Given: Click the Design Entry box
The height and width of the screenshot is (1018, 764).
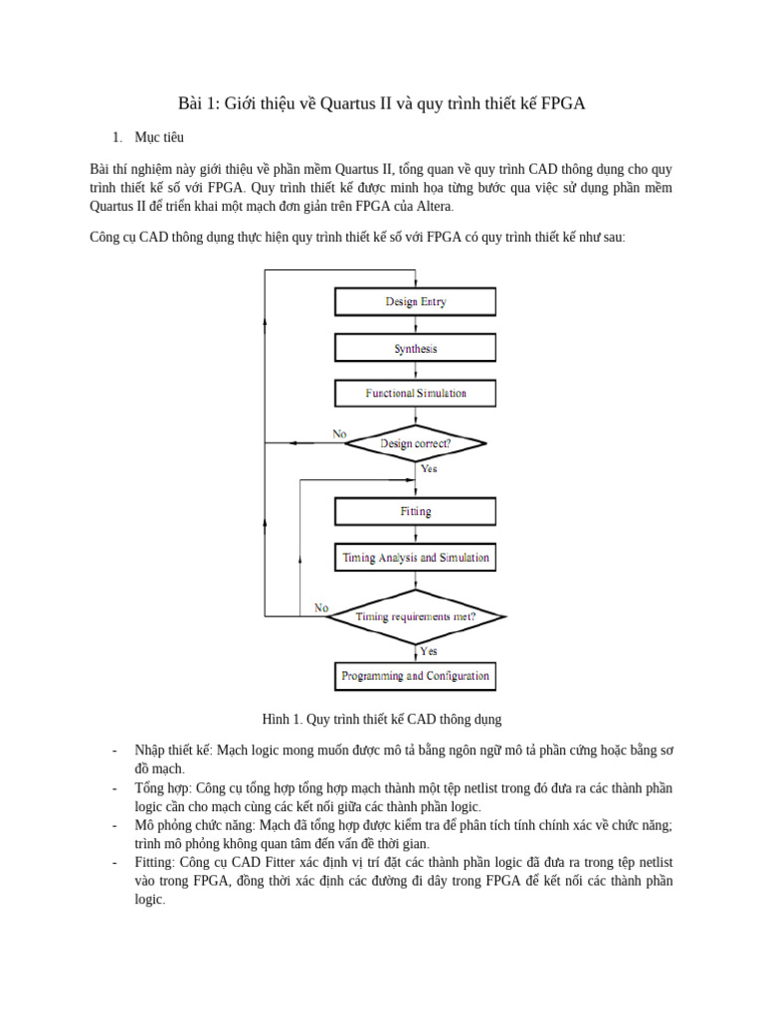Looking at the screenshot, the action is pos(415,302).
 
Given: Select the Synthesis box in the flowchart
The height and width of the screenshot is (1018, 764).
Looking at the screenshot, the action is pos(415,349).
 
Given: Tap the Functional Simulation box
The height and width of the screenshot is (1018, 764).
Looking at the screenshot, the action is pos(415,394).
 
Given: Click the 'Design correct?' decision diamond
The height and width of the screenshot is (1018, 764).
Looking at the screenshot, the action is pos(415,443).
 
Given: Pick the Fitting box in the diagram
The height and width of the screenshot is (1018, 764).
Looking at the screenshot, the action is pos(415,512).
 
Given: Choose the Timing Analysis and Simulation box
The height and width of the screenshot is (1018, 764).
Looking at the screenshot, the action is pos(415,558).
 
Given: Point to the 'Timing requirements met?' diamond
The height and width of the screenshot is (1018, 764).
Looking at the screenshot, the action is pos(415,617).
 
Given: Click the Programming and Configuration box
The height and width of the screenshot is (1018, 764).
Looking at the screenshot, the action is pos(415,676).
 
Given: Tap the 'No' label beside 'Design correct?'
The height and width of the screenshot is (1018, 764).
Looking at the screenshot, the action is pos(339,433).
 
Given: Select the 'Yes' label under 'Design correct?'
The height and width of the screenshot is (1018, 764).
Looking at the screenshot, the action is pos(429,468).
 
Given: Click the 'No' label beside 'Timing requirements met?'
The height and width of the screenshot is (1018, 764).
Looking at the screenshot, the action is pos(321,607).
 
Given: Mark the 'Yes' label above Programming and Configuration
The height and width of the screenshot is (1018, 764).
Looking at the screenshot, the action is pos(429,651).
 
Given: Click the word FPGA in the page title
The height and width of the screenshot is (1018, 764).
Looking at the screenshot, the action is pos(563,103).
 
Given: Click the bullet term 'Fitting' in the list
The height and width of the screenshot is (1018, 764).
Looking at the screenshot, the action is pos(154,863).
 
